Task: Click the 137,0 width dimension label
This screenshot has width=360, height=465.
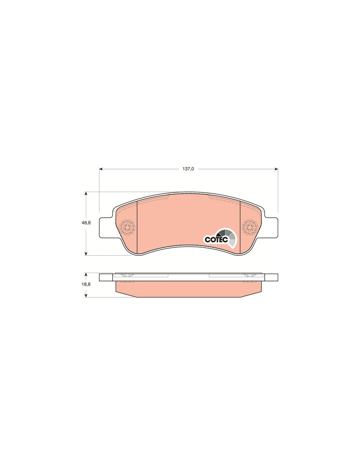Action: tap(188, 169)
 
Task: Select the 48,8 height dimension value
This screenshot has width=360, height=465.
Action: tap(86, 223)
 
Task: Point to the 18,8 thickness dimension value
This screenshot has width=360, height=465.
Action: tap(86, 284)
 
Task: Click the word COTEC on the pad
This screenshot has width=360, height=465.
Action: tap(216, 240)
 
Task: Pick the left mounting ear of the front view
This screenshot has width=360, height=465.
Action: tap(106, 228)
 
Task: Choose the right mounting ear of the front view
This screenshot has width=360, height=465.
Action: tap(271, 228)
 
